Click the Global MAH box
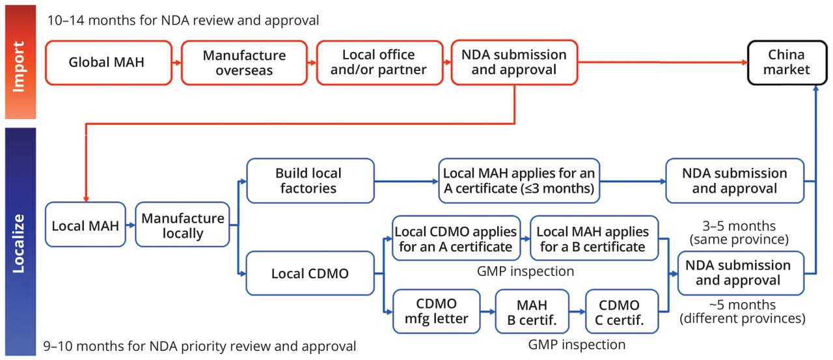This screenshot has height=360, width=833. (106, 63)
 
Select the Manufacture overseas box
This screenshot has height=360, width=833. (244, 63)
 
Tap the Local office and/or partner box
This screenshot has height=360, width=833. (378, 63)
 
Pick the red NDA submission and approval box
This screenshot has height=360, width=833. (513, 63)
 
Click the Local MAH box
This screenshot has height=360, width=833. (85, 225)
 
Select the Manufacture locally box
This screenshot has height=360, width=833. (182, 225)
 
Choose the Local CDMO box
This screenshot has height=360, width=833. (310, 273)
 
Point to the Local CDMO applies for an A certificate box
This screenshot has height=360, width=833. (456, 239)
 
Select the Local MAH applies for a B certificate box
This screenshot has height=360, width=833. (593, 239)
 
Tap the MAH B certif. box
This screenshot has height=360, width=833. (532, 312)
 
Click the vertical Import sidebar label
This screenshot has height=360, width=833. (19, 62)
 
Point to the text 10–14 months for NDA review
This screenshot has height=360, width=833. (183, 20)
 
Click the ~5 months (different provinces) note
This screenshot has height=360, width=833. (742, 312)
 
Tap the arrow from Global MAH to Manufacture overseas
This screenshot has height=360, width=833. (174, 63)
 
